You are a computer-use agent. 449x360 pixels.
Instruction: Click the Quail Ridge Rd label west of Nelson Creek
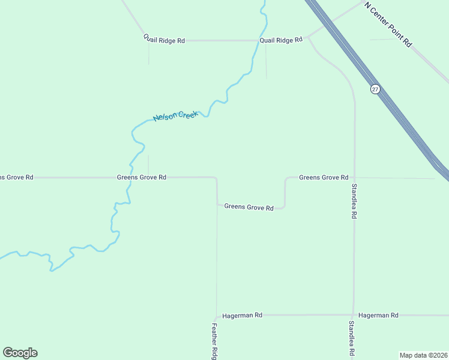(164, 40)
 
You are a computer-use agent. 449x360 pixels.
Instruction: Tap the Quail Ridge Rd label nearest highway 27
(280, 40)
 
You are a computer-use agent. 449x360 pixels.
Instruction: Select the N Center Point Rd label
(388, 24)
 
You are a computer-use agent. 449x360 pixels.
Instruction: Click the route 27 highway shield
(375, 89)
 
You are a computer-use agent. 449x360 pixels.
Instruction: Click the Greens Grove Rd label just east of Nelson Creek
(141, 178)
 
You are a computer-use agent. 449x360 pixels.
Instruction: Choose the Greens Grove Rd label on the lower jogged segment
(249, 207)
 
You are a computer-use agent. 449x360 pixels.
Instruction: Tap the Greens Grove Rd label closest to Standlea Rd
(324, 178)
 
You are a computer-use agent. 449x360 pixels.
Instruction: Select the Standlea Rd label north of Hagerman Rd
(354, 201)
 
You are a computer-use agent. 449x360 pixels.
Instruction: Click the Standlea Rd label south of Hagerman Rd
(352, 339)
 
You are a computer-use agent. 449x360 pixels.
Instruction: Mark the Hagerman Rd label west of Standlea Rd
(242, 315)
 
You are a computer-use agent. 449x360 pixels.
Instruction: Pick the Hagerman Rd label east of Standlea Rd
(378, 315)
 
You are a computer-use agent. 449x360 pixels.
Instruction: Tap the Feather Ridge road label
(214, 341)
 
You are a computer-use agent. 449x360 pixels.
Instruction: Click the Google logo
(20, 353)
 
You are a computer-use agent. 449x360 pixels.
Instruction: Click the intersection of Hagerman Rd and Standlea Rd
(354, 314)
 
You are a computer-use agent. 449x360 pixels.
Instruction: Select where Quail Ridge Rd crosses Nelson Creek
(255, 40)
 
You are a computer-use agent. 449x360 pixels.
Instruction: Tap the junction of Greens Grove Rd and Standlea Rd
(354, 178)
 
